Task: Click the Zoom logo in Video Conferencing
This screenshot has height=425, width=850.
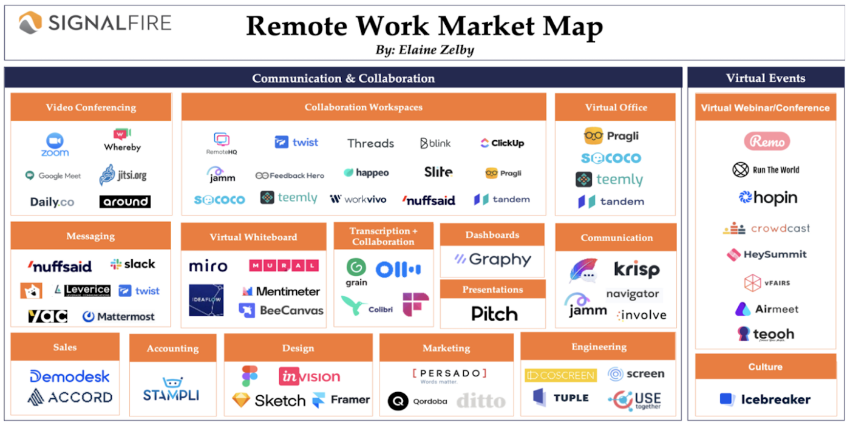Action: (55, 145)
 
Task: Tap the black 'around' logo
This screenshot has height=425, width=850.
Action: (124, 202)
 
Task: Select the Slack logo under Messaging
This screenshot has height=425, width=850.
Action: (132, 264)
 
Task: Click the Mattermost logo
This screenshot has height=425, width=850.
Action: (118, 316)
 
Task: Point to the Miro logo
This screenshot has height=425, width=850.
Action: (208, 267)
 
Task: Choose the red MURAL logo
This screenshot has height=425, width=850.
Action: (284, 265)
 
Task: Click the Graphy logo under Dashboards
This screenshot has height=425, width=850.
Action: (492, 260)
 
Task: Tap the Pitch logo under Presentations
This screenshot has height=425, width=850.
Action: (494, 313)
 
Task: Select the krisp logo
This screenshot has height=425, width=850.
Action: (636, 269)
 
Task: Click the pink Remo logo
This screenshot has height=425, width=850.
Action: (767, 141)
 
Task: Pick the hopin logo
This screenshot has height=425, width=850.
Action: (767, 197)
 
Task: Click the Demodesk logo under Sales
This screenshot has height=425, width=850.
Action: (70, 376)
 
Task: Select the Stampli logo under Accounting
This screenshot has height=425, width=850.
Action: (172, 389)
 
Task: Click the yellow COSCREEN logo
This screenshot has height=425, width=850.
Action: (560, 375)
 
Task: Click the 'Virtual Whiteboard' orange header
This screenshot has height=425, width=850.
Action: (253, 237)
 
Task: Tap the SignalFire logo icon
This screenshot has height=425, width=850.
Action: (30, 24)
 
